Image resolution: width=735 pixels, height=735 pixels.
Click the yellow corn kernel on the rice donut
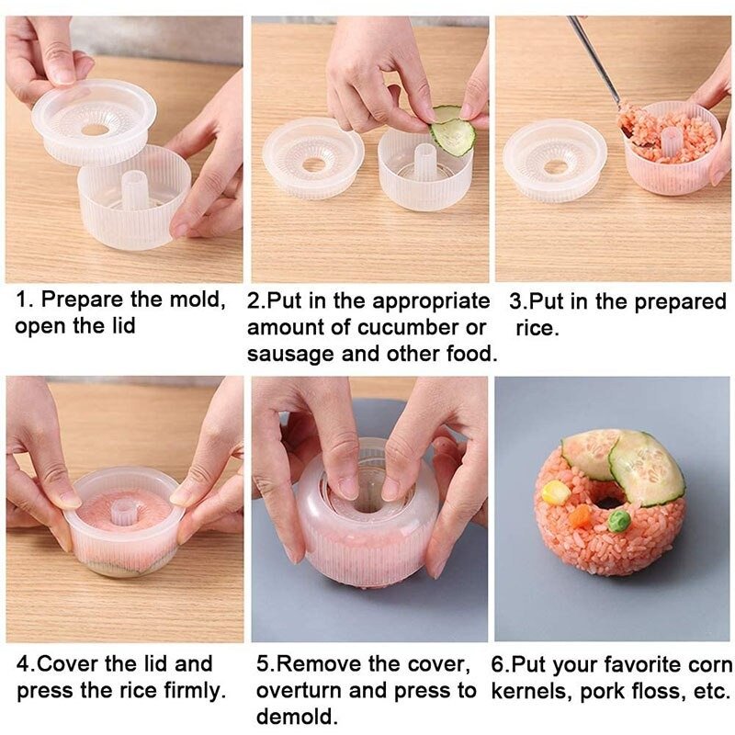pos(556,493)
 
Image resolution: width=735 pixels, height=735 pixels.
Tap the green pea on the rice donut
pos(619,520)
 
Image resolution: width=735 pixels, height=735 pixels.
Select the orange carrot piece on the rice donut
pos(582,516)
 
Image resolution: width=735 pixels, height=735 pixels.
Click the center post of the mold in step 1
pos(134,189)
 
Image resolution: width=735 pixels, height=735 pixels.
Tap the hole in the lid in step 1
pos(95,130)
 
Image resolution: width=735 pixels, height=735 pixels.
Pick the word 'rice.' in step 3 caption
pos(537,329)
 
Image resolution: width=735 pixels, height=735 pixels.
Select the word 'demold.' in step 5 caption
pos(297,718)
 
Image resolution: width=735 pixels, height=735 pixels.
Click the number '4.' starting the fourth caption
pos(26,664)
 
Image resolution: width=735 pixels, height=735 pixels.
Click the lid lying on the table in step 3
pos(555,160)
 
